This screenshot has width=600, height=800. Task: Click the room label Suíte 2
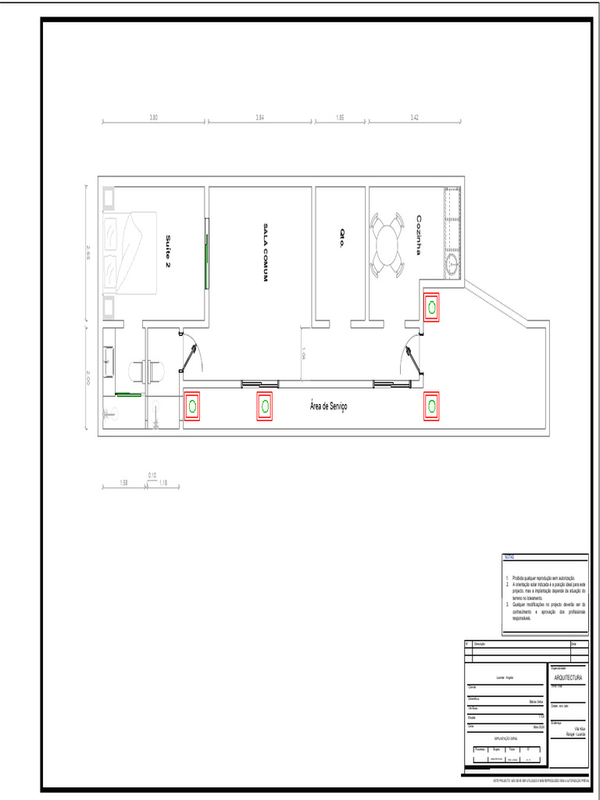coord(167,251)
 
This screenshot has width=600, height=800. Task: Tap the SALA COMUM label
coord(265,252)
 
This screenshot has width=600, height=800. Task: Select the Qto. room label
coord(341,238)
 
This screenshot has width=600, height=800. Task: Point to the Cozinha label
coord(420,235)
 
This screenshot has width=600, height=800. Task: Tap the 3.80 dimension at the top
coord(154,117)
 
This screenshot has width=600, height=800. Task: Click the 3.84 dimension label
coord(260,117)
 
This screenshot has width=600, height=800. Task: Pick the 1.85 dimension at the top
coord(340,117)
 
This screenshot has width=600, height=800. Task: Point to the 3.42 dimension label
coord(415,117)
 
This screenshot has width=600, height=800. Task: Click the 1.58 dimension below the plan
coord(123,483)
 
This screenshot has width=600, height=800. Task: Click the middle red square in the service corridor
coord(266,405)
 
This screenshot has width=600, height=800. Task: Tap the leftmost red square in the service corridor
coord(192,405)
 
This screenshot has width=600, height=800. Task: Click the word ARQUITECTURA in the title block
coord(568,678)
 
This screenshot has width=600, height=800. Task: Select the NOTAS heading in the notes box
coord(509,557)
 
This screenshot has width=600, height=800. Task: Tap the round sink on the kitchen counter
coord(452,262)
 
